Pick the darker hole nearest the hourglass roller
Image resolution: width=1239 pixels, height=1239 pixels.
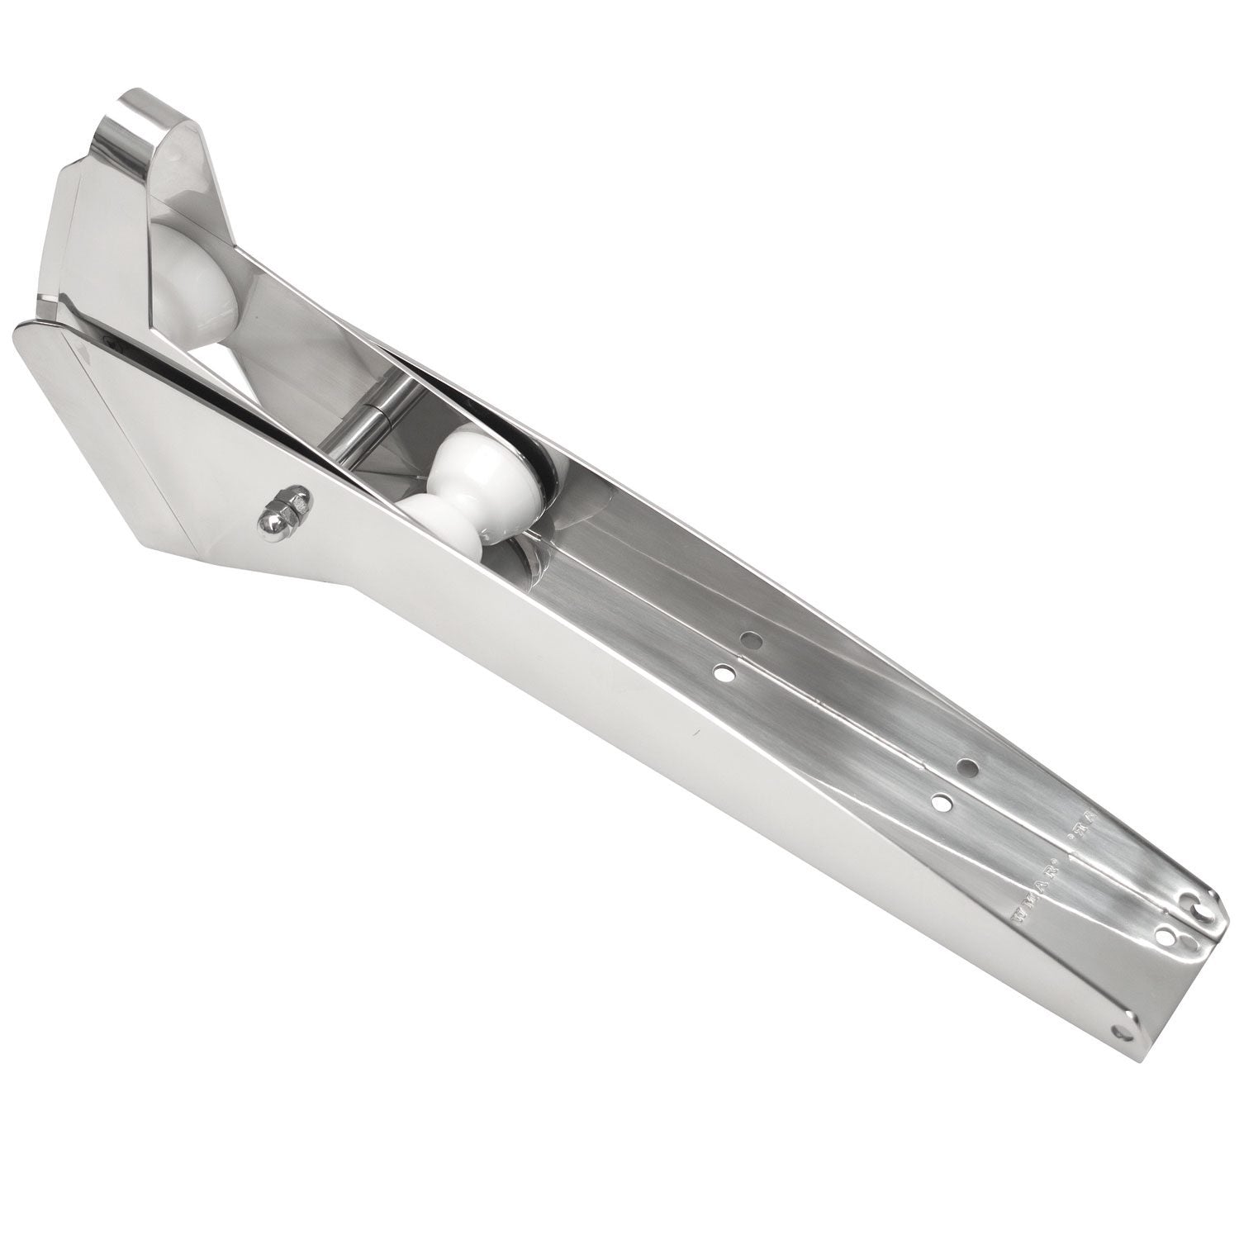[x=750, y=638]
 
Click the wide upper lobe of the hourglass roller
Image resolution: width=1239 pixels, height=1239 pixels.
[x=491, y=463]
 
